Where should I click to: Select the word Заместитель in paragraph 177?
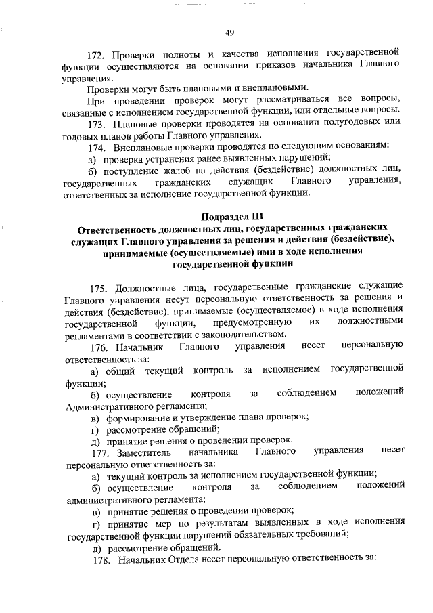coord(141,451)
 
